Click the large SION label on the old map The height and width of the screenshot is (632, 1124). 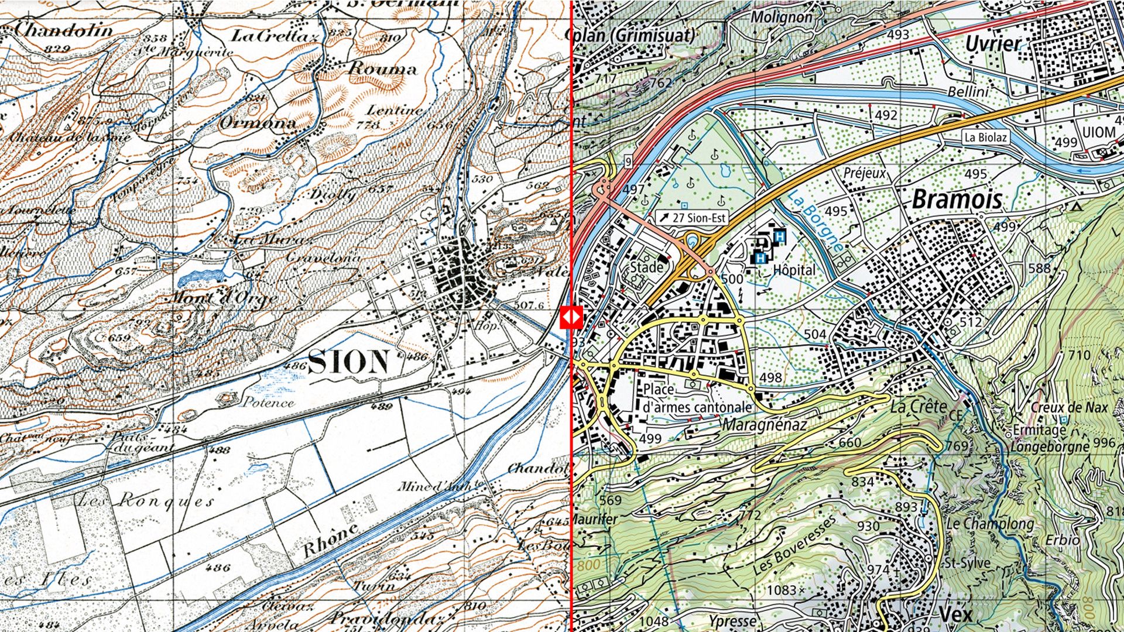tap(348, 362)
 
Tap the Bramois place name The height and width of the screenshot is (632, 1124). tap(957, 200)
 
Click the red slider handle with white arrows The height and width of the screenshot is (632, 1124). tap(571, 318)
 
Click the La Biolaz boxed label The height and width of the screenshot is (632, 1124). tap(986, 138)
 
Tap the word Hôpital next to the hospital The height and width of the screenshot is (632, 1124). tap(794, 270)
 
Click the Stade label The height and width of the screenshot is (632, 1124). tap(646, 267)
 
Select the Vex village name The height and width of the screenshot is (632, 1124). tap(955, 614)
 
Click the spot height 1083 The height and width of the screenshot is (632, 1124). tap(782, 590)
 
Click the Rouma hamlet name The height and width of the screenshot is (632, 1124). tap(383, 69)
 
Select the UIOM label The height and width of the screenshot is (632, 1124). tap(1098, 132)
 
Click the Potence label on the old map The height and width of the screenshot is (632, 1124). tap(269, 402)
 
